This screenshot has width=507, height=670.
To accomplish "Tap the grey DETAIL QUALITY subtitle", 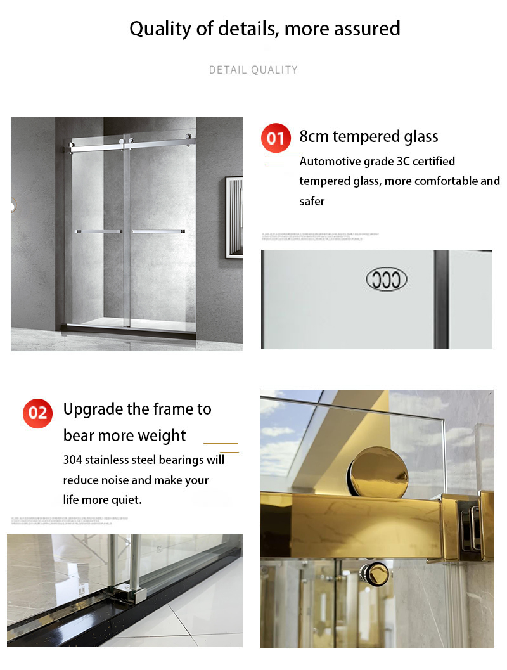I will (x=253, y=70).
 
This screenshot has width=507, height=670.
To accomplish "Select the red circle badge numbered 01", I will (x=276, y=138).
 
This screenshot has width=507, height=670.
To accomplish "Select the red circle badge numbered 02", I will (x=38, y=413).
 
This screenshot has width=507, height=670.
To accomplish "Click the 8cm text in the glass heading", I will (x=314, y=136).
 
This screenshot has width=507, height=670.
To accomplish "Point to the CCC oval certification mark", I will (x=387, y=280).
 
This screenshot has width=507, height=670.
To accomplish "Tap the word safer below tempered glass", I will (x=312, y=201).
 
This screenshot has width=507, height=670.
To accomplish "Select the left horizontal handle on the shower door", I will (x=98, y=231).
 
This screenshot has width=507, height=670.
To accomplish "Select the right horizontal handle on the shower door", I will (x=158, y=231).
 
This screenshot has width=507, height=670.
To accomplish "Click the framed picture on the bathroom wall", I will (x=234, y=217).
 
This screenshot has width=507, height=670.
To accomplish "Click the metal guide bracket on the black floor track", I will (x=126, y=593).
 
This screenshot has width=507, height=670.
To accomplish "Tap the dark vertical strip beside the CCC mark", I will (x=441, y=299).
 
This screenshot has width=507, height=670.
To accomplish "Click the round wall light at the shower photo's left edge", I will (x=13, y=205).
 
